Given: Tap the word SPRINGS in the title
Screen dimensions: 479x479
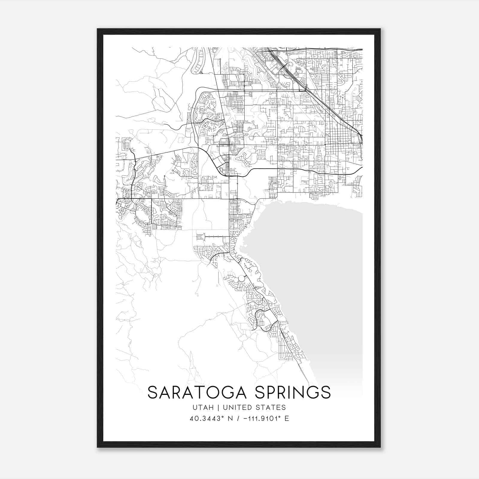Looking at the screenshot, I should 293,392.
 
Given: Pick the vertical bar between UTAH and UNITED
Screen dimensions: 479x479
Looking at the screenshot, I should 216,407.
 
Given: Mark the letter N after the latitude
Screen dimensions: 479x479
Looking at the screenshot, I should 230,419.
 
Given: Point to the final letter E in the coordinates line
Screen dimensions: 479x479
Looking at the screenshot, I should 287,419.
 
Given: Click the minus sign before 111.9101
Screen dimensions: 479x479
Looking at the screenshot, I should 246,419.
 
